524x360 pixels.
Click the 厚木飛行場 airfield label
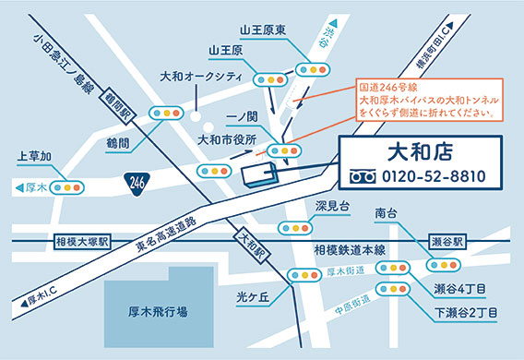click(x=158, y=312)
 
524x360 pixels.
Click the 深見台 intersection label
click(x=334, y=205)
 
